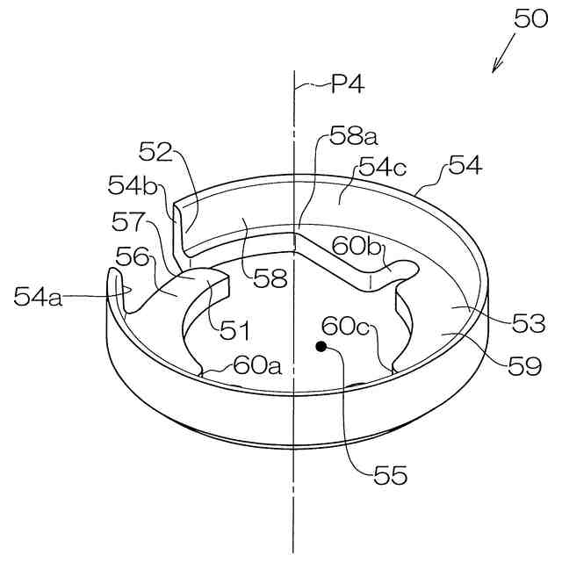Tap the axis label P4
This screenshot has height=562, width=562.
tap(347, 84)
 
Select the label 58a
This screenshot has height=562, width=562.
tap(353, 135)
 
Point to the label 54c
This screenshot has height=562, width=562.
tap(381, 167)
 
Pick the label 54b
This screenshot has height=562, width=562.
tap(129, 185)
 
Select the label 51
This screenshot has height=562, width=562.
tap(235, 330)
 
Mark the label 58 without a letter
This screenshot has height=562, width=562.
tap(270, 279)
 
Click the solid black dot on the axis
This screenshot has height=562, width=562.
tap(321, 348)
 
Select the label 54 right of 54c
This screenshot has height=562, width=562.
tap(465, 165)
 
